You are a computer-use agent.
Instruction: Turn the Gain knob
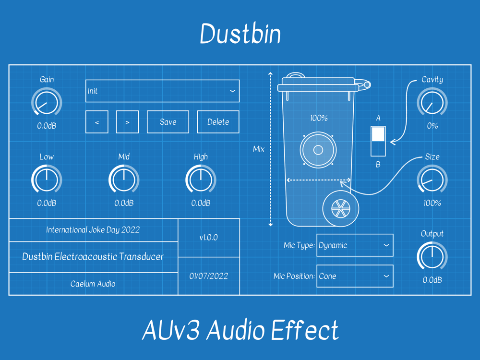(x=47, y=103)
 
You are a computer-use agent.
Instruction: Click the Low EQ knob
(x=47, y=180)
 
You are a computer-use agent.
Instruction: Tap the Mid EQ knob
(x=124, y=180)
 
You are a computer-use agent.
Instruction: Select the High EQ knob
(x=201, y=180)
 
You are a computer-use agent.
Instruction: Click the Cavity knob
(x=432, y=103)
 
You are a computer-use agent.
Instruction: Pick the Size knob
(x=432, y=180)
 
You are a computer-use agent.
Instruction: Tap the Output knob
(x=432, y=257)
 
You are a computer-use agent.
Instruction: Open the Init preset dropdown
(x=162, y=91)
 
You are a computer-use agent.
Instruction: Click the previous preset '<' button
(x=97, y=122)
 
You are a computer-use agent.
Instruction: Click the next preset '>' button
(x=127, y=122)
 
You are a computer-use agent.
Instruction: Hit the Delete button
(x=218, y=122)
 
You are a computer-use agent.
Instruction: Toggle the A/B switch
(x=378, y=141)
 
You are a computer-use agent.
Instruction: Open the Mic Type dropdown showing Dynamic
(x=355, y=245)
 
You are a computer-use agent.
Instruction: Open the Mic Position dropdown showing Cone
(x=355, y=276)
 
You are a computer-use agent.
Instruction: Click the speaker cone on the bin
(x=318, y=150)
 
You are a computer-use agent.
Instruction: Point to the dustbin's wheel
(x=341, y=208)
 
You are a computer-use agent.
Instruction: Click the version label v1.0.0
(x=208, y=238)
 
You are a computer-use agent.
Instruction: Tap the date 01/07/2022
(x=208, y=276)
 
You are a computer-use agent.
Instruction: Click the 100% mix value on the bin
(x=319, y=118)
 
